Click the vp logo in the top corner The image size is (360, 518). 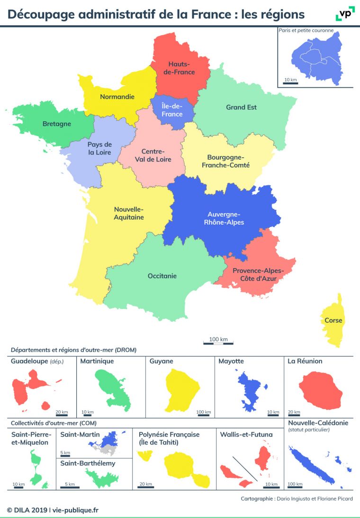click(345, 14)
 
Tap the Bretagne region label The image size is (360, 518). click(57, 124)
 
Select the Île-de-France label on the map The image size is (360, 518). click(171, 110)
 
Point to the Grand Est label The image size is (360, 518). click(241, 107)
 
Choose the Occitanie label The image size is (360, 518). click(162, 275)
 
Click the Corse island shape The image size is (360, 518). click(333, 320)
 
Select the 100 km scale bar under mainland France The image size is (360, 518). click(218, 342)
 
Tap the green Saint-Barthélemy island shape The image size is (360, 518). click(102, 477)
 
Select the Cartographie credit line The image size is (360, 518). click(297, 499)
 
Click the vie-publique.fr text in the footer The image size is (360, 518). click(76, 510)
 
